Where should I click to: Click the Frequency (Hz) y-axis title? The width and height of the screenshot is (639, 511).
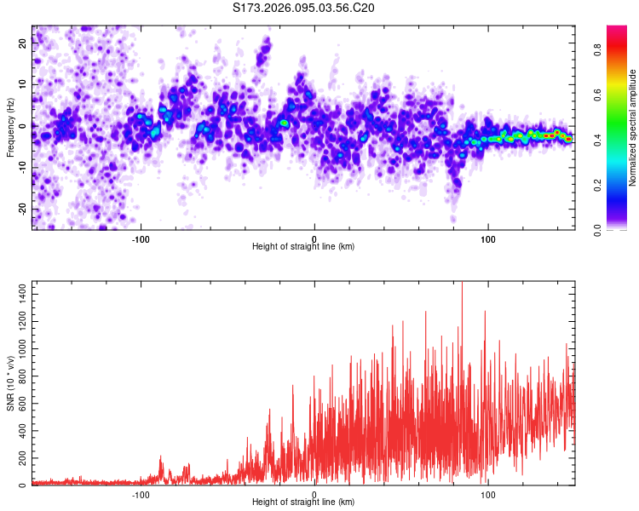pyautogui.click(x=11, y=128)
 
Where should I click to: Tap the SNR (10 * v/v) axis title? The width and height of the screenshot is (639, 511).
pyautogui.click(x=11, y=383)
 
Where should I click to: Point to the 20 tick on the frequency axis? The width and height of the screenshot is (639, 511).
pyautogui.click(x=24, y=43)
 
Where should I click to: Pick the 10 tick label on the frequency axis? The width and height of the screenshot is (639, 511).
pyautogui.click(x=24, y=84)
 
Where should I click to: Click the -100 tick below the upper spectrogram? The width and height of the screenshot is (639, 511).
pyautogui.click(x=141, y=238)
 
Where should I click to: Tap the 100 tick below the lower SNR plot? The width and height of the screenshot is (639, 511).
pyautogui.click(x=488, y=493)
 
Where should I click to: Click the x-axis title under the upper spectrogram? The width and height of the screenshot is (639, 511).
pyautogui.click(x=303, y=246)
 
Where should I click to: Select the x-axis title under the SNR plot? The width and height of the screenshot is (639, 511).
pyautogui.click(x=303, y=502)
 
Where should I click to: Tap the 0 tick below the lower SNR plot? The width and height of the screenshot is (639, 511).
pyautogui.click(x=314, y=493)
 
